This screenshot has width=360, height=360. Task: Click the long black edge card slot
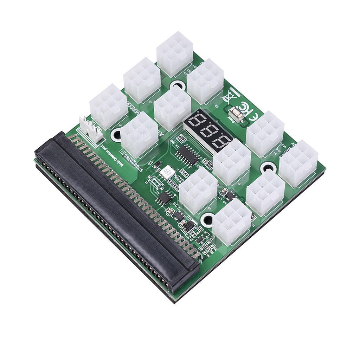click(116, 211)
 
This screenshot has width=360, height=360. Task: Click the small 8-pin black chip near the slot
click(164, 198)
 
